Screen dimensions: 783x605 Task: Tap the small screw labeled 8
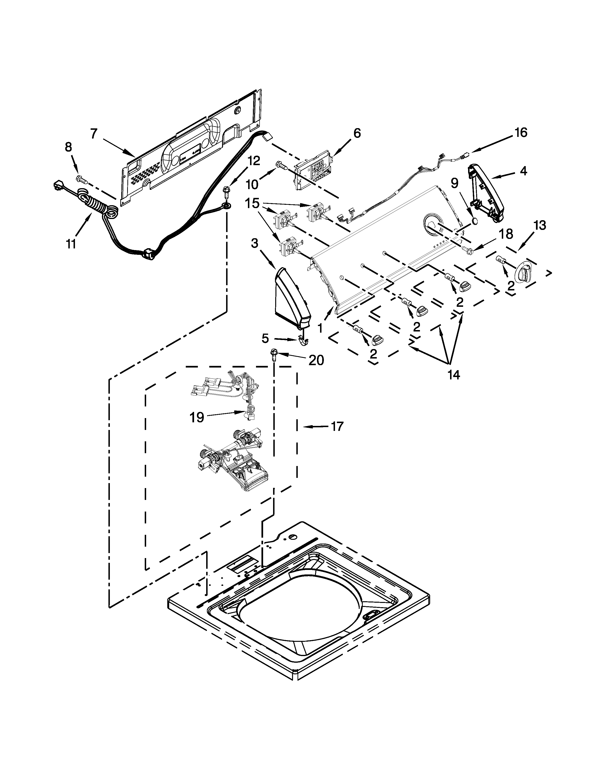[79, 178]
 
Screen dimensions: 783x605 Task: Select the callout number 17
[337, 426]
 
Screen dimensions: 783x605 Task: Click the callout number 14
[453, 375]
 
